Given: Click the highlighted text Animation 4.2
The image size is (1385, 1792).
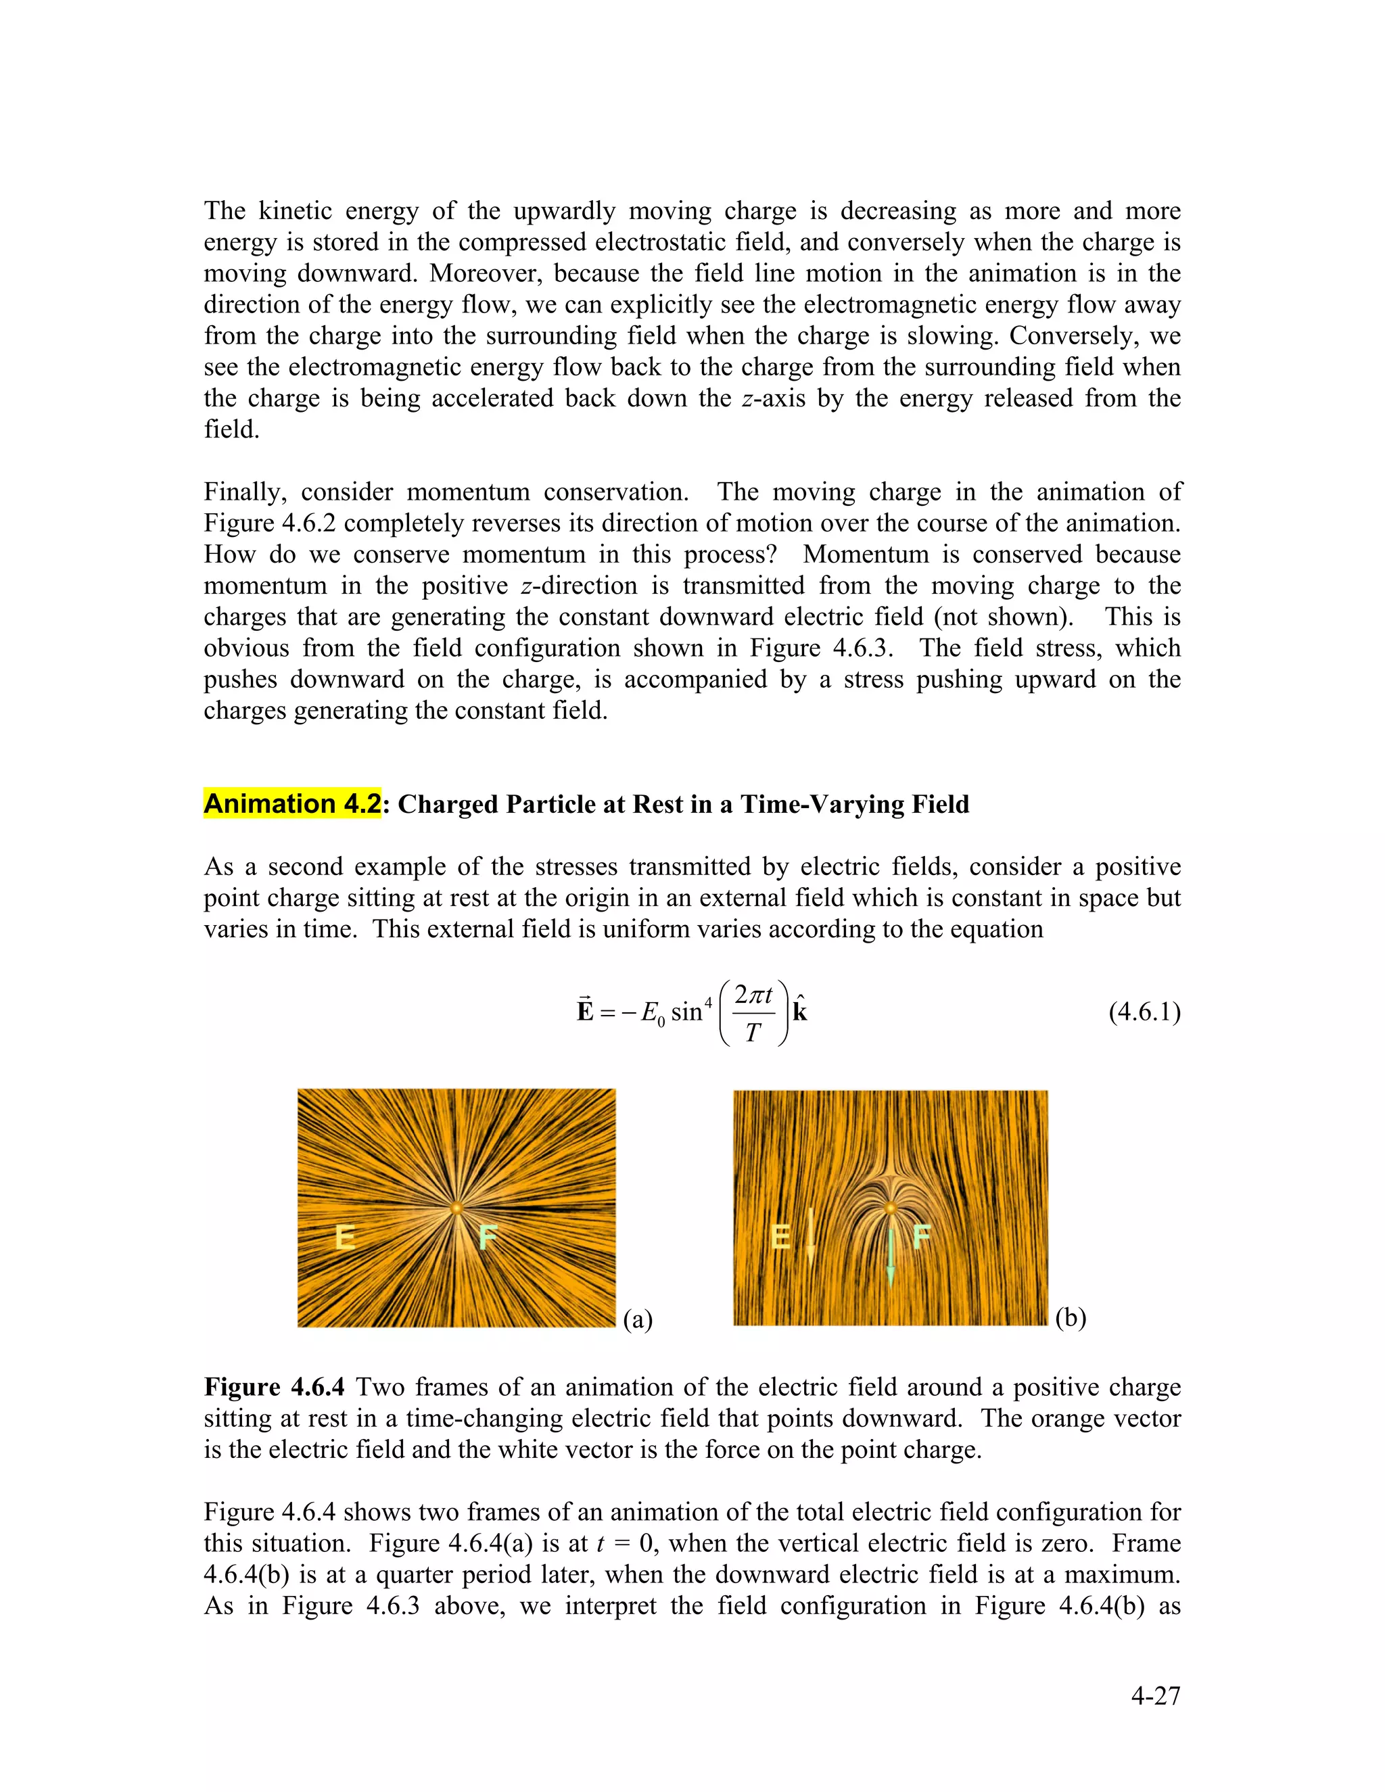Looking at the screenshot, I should [292, 803].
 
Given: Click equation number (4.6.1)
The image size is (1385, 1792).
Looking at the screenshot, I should [1144, 1012].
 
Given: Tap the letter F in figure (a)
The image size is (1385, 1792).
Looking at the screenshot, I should [488, 1235].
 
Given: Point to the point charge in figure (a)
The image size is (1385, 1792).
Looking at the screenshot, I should [456, 1208].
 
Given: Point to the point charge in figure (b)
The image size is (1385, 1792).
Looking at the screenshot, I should [890, 1208].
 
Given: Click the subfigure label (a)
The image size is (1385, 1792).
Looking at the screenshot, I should [638, 1319].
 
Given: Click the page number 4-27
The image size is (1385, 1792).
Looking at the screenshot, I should [1155, 1695].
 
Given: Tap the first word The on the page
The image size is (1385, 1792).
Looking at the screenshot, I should [224, 211].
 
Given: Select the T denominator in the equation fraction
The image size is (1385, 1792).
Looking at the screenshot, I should [753, 1032].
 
